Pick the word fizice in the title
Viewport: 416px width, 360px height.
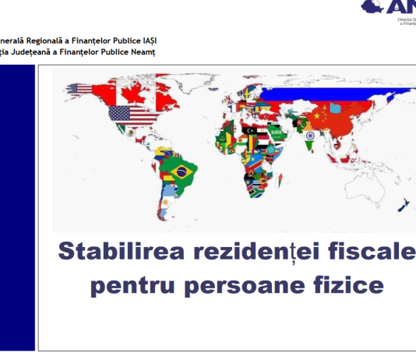tap(348, 285)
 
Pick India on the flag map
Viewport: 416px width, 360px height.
tap(309, 137)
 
